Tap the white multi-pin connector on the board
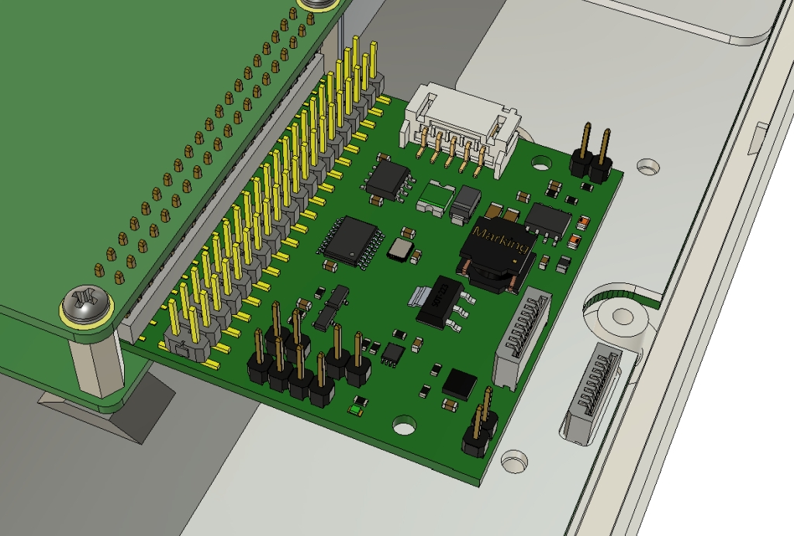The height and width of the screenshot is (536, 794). tap(457, 128)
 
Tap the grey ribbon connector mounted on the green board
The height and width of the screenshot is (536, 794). tap(520, 337)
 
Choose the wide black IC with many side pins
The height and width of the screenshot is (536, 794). tap(350, 237)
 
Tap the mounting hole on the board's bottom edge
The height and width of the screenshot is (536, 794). tap(404, 424)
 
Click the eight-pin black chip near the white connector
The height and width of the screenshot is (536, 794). tap(388, 179)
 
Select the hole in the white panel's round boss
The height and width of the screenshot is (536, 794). tap(622, 316)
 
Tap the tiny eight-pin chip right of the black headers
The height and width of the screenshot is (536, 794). tap(393, 354)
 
